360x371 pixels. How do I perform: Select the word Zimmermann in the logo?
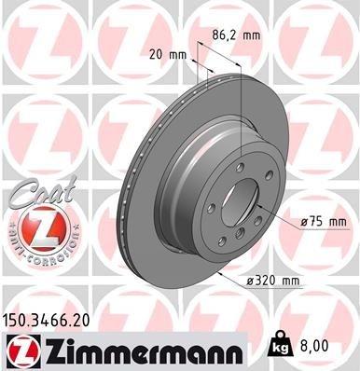(141, 349)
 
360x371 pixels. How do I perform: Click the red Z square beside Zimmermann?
(16, 349)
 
